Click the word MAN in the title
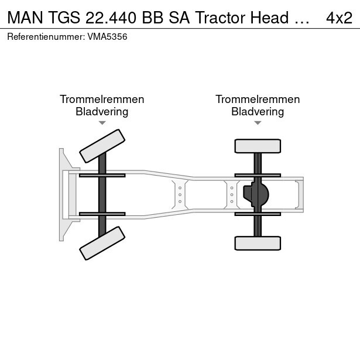(x=25, y=18)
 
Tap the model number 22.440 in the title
(x=111, y=18)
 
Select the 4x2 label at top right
(x=339, y=18)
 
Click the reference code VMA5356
(x=107, y=37)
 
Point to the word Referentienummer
(x=46, y=37)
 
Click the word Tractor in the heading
(x=221, y=18)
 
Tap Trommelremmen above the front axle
(x=102, y=100)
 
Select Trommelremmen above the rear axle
(x=258, y=100)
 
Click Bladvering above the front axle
(x=102, y=112)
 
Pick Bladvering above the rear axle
(x=258, y=112)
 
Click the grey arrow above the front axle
(x=102, y=123)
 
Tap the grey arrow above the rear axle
(x=258, y=123)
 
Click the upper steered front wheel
(x=102, y=146)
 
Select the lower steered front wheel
(x=102, y=243)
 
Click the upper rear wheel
(x=258, y=146)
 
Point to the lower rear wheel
(x=258, y=243)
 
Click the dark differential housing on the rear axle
(x=256, y=194)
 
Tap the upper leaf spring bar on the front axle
(x=102, y=176)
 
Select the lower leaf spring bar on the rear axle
(x=258, y=214)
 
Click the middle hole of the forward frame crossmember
(x=180, y=195)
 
